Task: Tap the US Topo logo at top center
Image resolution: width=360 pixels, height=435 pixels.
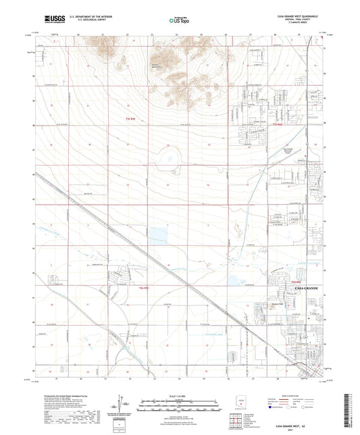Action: coord(180,20)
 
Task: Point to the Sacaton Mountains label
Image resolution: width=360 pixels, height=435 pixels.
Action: coord(160,65)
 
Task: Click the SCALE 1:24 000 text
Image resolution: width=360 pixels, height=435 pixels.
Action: coord(179,394)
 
